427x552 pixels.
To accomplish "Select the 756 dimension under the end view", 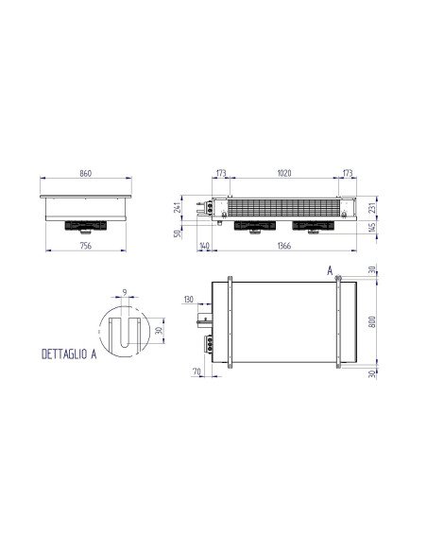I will click(x=85, y=248).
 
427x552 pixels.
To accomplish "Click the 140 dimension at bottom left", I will click(x=205, y=247).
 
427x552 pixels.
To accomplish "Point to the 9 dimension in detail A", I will click(x=125, y=293).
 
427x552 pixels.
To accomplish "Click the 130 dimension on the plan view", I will click(x=189, y=300).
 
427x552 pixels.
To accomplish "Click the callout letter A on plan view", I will click(x=330, y=271).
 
